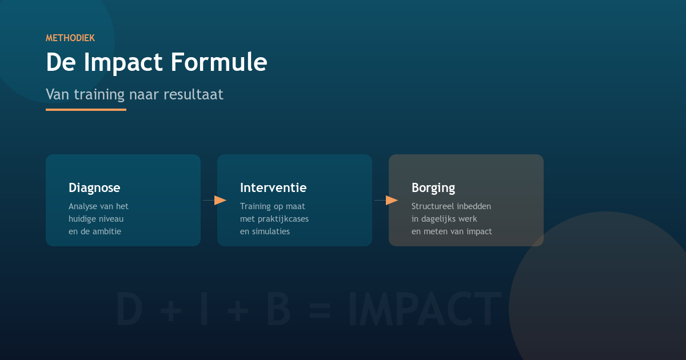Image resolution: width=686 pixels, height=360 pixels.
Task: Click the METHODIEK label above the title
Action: tap(70, 38)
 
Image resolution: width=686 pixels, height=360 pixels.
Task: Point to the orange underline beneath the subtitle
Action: tap(86, 109)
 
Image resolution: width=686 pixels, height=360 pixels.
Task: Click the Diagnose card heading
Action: tap(94, 187)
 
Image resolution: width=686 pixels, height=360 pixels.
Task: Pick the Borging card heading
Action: tap(433, 187)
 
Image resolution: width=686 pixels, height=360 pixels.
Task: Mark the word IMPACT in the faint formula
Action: tap(424, 309)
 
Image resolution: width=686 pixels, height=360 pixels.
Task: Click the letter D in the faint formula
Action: tap(129, 309)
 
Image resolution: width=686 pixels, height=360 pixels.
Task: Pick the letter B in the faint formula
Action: tap(278, 309)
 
